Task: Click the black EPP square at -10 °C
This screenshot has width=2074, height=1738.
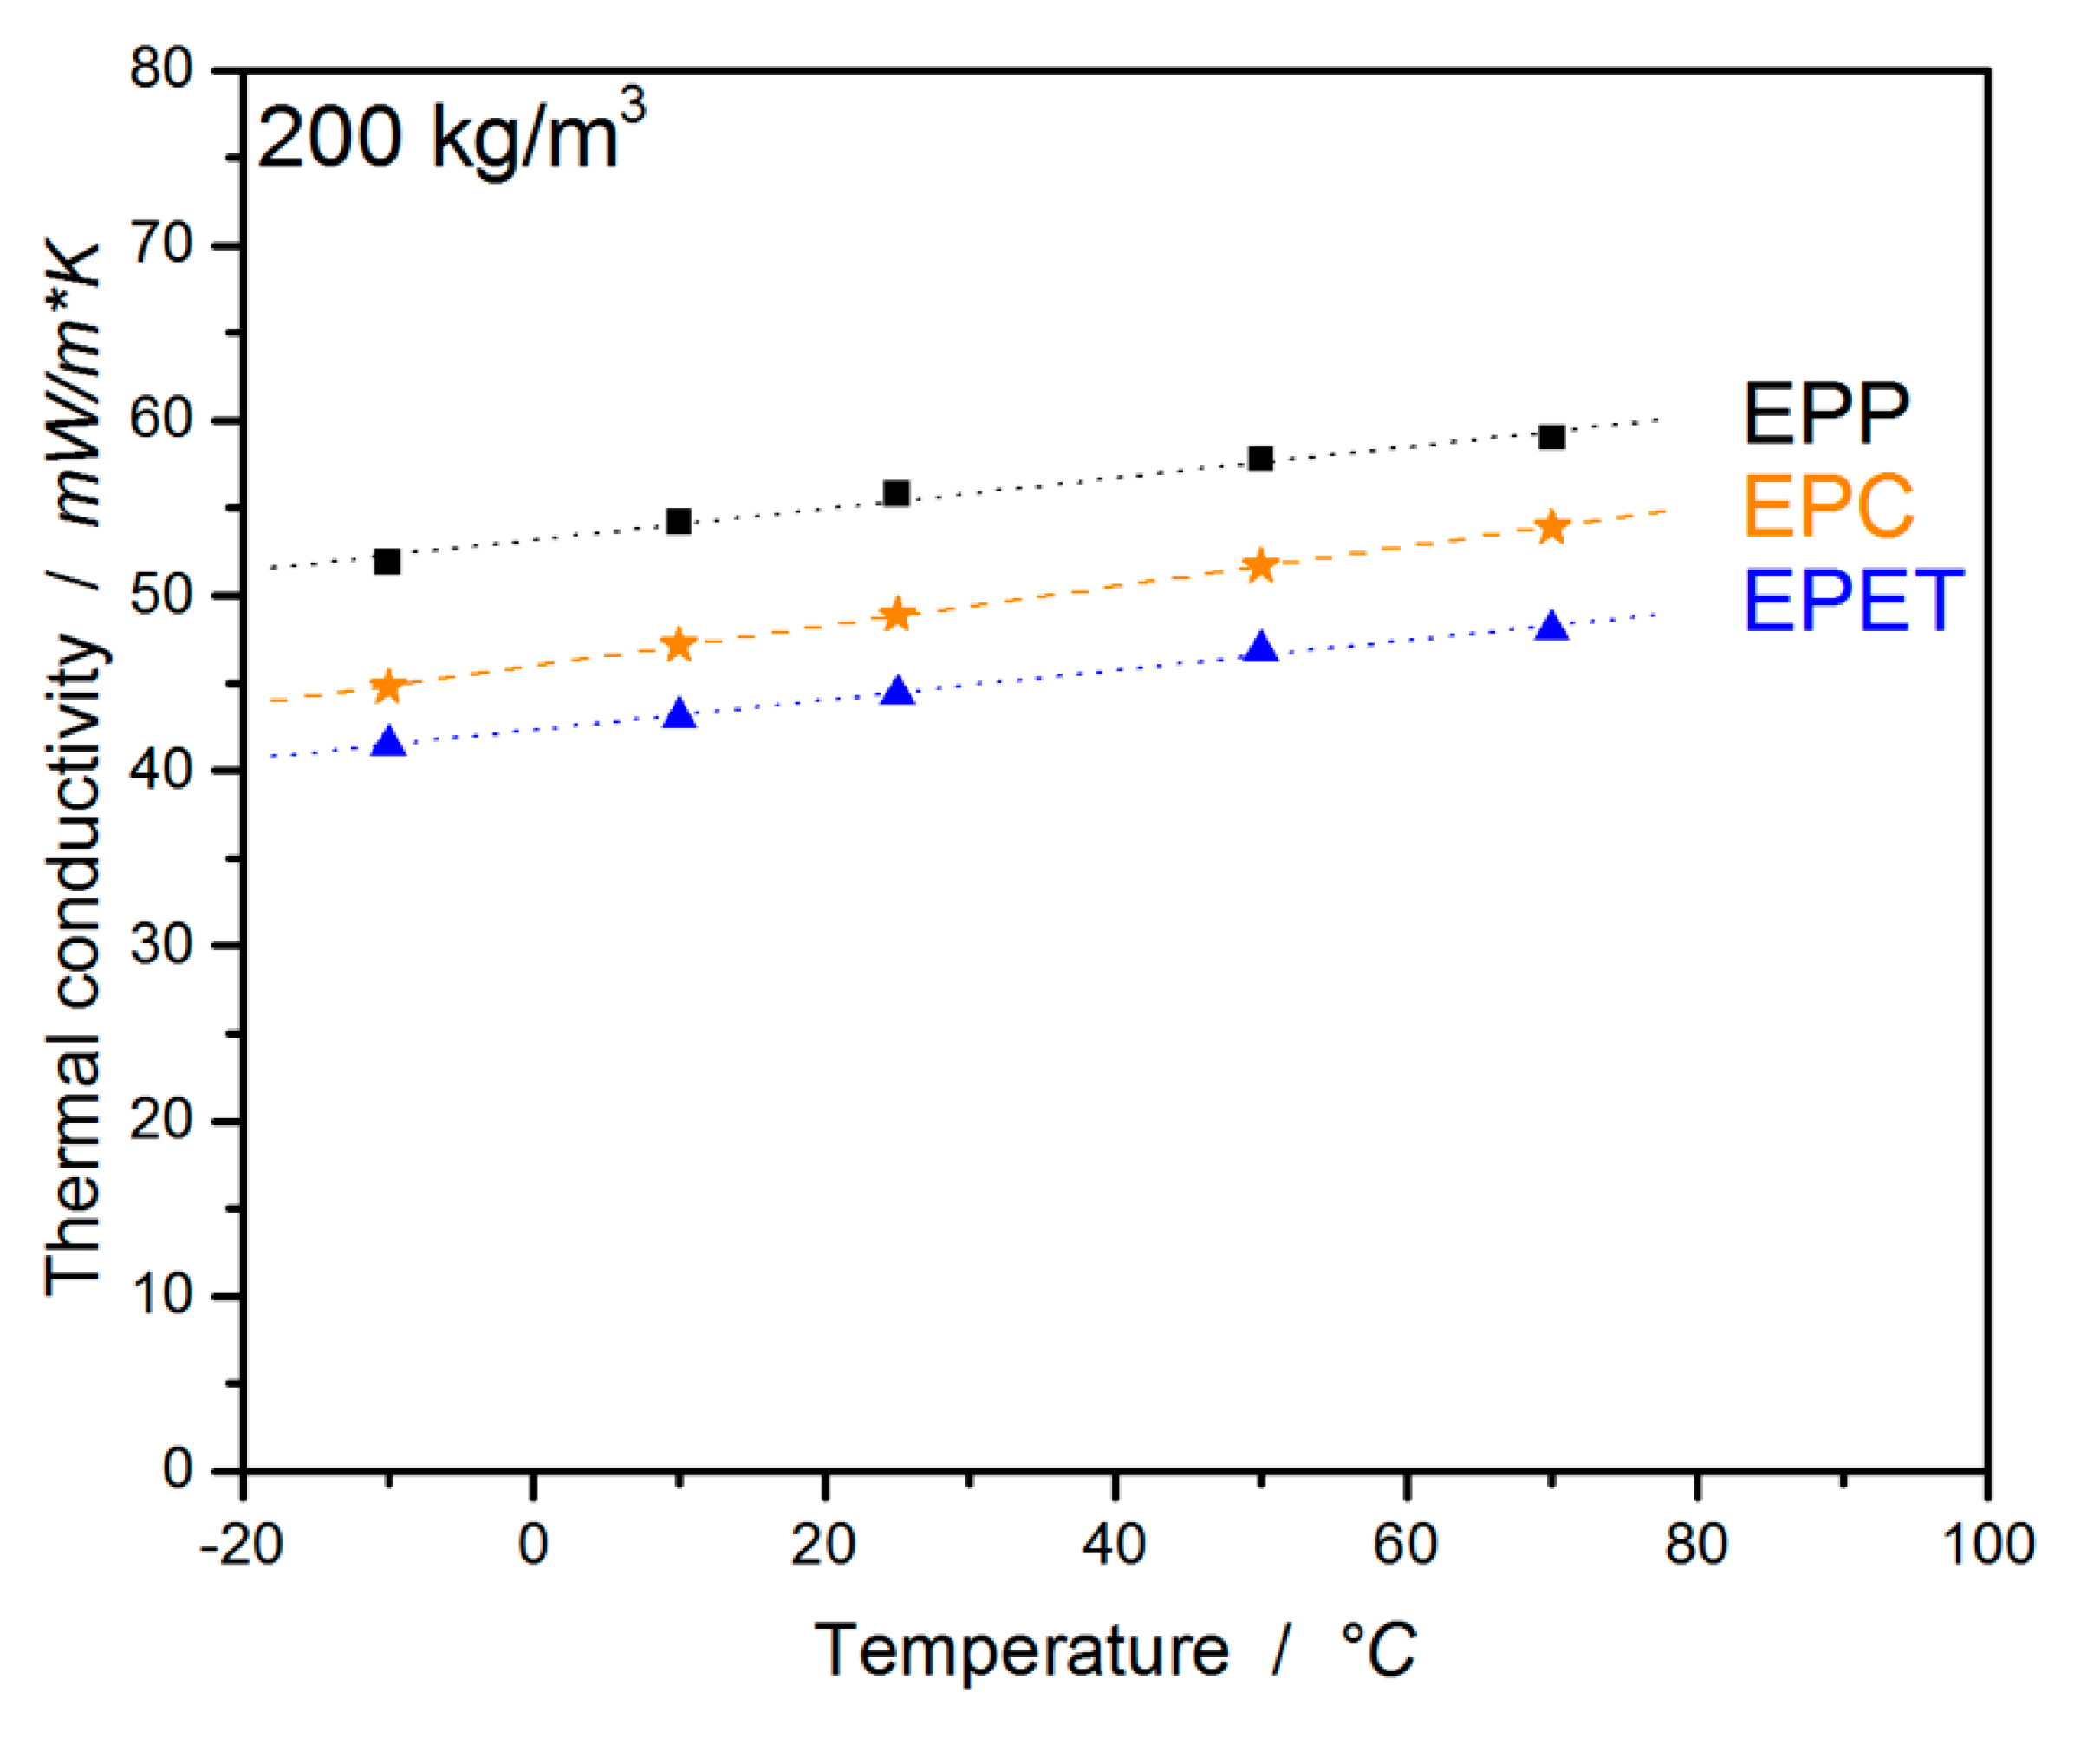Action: [x=388, y=563]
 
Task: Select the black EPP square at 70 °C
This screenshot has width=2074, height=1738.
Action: [x=1551, y=438]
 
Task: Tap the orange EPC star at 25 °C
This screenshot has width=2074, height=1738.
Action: [x=897, y=615]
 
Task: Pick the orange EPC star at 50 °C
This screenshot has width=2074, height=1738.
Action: [x=1260, y=567]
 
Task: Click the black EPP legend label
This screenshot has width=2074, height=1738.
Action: [x=1825, y=414]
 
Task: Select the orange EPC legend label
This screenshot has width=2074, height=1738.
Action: [x=1827, y=506]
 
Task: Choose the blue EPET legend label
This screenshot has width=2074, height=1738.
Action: [x=1853, y=601]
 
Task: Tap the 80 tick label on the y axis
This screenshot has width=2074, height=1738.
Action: [x=162, y=70]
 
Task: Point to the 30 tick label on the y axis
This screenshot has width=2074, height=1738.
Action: [x=162, y=946]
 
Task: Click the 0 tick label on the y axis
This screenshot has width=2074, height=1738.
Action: [x=178, y=1470]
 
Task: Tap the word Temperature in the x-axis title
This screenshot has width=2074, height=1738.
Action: [x=1022, y=1651]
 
